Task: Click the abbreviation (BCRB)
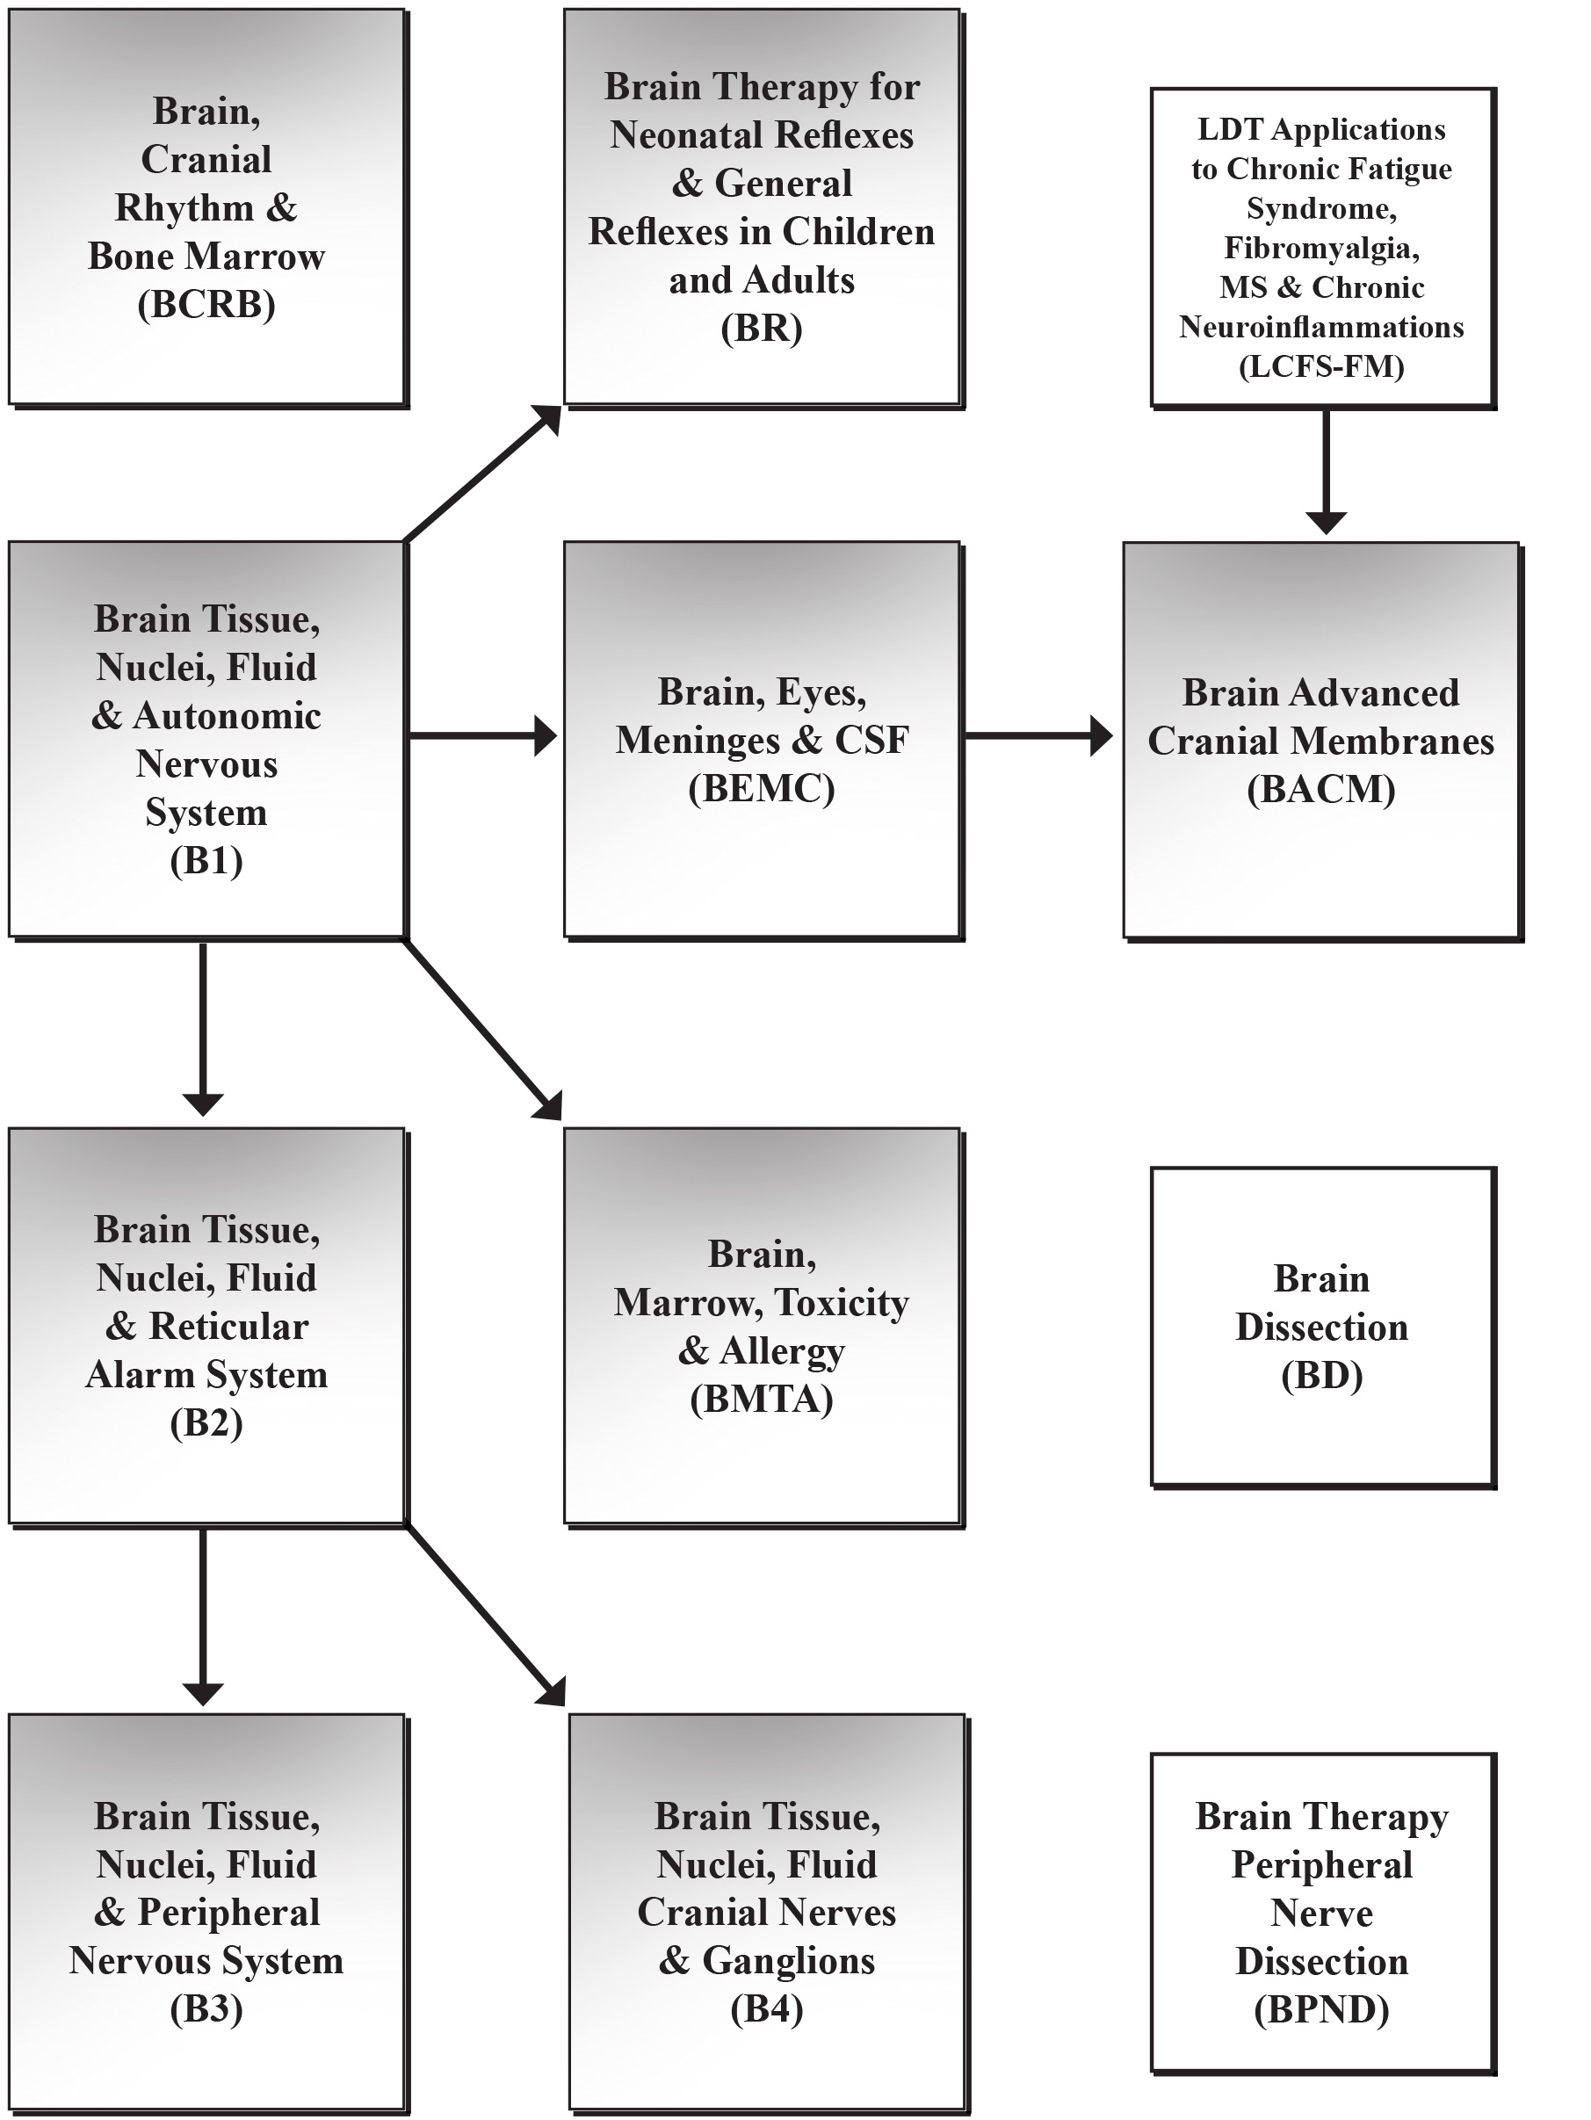(x=206, y=305)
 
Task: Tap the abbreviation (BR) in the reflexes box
(x=762, y=329)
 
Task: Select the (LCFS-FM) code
(x=1321, y=366)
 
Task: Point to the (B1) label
(x=206, y=861)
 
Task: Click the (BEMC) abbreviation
(x=762, y=789)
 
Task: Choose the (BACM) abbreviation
(x=1321, y=790)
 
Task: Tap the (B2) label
(x=206, y=1423)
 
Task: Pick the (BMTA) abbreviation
(x=762, y=1400)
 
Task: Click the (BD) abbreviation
(x=1321, y=1376)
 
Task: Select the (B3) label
(x=206, y=2010)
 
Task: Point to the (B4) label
(x=767, y=2010)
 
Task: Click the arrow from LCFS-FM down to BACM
(x=1327, y=472)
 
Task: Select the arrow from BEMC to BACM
(x=1038, y=736)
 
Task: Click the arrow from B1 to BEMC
(x=483, y=736)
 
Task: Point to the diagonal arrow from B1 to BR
(x=482, y=474)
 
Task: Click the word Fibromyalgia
(x=1321, y=249)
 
